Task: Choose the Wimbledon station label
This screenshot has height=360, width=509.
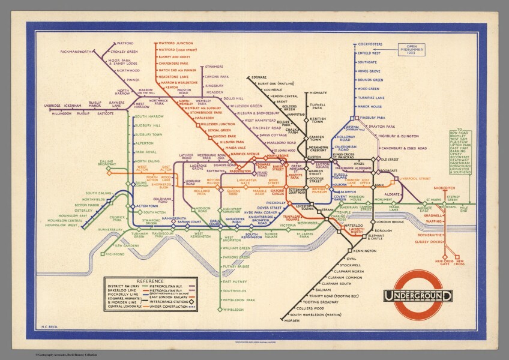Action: click(233, 310)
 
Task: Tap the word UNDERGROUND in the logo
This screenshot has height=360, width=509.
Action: click(418, 296)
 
